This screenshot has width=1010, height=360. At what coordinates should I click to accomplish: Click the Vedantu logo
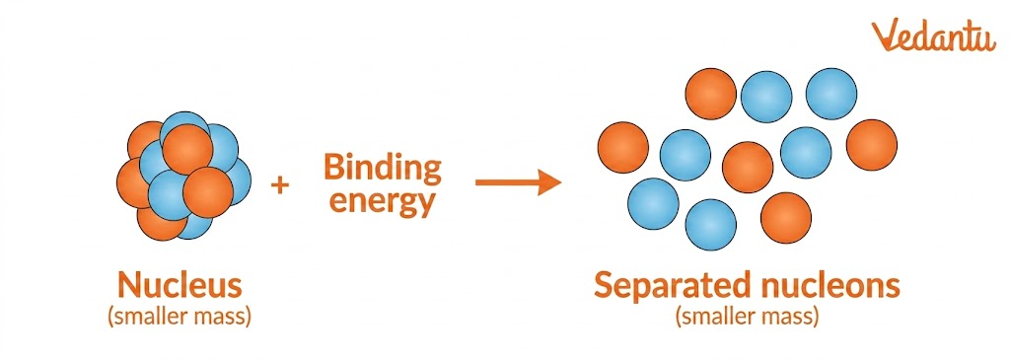click(x=933, y=36)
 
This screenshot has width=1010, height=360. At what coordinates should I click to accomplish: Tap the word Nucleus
click(x=180, y=286)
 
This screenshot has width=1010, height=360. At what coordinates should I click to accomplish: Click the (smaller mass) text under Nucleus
click(x=180, y=317)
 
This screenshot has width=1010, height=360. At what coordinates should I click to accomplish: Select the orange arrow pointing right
click(x=518, y=182)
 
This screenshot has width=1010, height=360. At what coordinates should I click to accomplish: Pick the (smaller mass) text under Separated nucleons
click(x=748, y=317)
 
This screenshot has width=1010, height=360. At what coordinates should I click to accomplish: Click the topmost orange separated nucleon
click(x=711, y=94)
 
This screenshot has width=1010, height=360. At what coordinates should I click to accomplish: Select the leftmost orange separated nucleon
click(x=623, y=147)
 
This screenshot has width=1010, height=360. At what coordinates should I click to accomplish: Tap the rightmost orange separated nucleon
click(x=872, y=144)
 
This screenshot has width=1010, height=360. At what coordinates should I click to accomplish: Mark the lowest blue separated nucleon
click(x=710, y=225)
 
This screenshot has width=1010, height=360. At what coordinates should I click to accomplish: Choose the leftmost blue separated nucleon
click(x=653, y=203)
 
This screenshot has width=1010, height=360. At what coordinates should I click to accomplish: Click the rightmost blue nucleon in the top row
click(x=831, y=93)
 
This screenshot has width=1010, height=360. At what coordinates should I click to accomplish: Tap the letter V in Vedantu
click(x=886, y=36)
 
